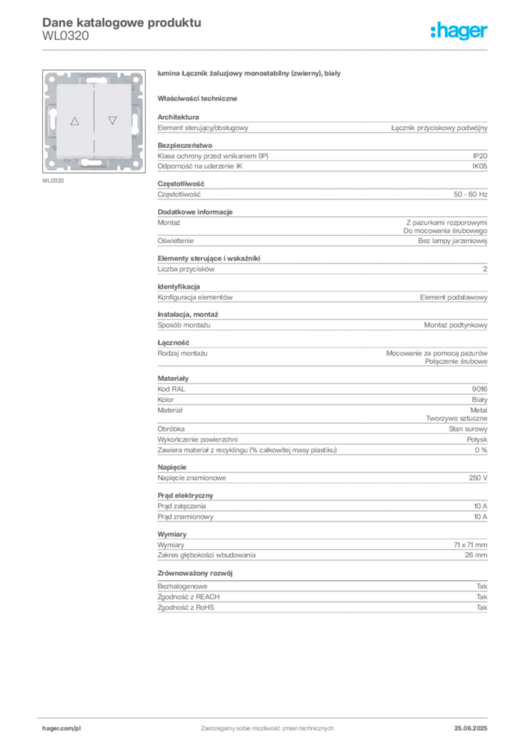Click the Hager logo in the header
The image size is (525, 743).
(458, 31)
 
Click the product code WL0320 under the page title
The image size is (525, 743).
(65, 36)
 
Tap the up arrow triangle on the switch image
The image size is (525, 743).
(75, 121)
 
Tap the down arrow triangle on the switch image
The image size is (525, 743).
(112, 120)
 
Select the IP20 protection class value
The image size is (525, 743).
(479, 156)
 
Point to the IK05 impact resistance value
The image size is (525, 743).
(479, 166)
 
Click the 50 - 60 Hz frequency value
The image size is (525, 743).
(470, 194)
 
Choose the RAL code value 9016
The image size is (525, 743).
(479, 389)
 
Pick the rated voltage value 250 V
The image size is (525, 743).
(478, 477)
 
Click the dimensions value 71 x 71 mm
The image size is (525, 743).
(470, 545)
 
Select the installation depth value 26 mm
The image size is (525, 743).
(476, 555)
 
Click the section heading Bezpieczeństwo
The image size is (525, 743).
(185, 145)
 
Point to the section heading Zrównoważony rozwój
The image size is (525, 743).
(195, 573)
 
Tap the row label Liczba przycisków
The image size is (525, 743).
(186, 269)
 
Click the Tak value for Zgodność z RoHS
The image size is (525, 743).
(481, 607)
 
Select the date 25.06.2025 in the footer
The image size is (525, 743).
(471, 728)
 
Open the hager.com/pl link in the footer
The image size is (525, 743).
(62, 728)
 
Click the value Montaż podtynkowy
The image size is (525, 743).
(455, 325)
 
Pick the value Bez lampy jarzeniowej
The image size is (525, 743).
(452, 241)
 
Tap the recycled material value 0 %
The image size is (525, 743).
(481, 450)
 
